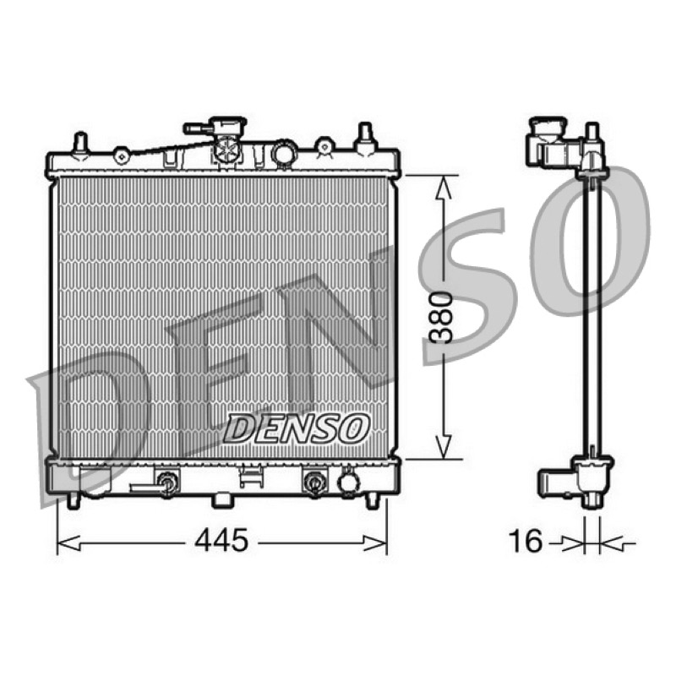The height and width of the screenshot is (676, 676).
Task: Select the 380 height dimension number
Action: (443, 318)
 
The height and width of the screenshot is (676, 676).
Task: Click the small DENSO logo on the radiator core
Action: (297, 429)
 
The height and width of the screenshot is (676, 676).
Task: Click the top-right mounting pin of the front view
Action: (366, 137)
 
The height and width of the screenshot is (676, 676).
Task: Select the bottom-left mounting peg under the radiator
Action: (74, 500)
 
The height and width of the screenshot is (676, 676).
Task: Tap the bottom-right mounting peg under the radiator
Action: (371, 500)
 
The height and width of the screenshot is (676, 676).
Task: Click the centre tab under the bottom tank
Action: (223, 500)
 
